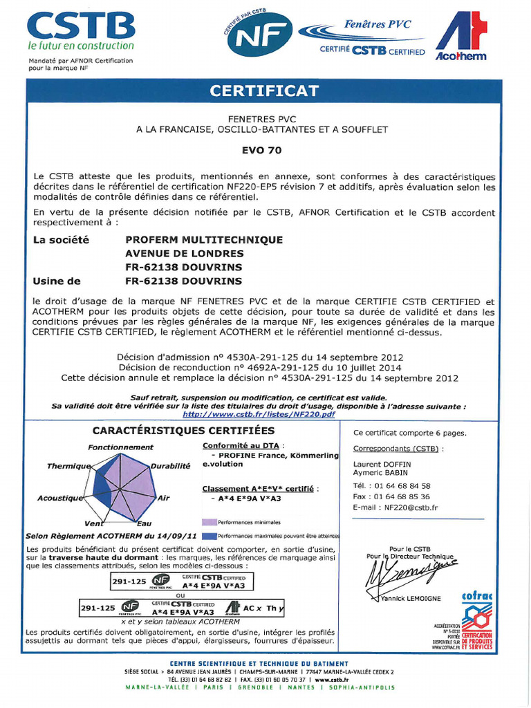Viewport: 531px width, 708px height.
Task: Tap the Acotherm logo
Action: [460, 38]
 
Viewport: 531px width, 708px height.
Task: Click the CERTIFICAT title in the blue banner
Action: [265, 91]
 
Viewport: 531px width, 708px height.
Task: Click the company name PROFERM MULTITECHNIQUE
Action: [204, 239]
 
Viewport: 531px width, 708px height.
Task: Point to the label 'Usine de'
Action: [57, 281]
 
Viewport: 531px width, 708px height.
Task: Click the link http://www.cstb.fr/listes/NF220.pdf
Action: [259, 413]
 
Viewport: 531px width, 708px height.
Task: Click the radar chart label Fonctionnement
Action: [120, 447]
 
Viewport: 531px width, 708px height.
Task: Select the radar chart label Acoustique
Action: [60, 498]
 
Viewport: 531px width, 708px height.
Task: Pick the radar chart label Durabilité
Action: [170, 466]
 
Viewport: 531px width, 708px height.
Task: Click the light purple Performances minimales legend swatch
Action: [209, 522]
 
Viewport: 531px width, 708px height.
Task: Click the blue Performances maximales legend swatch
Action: [209, 535]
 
